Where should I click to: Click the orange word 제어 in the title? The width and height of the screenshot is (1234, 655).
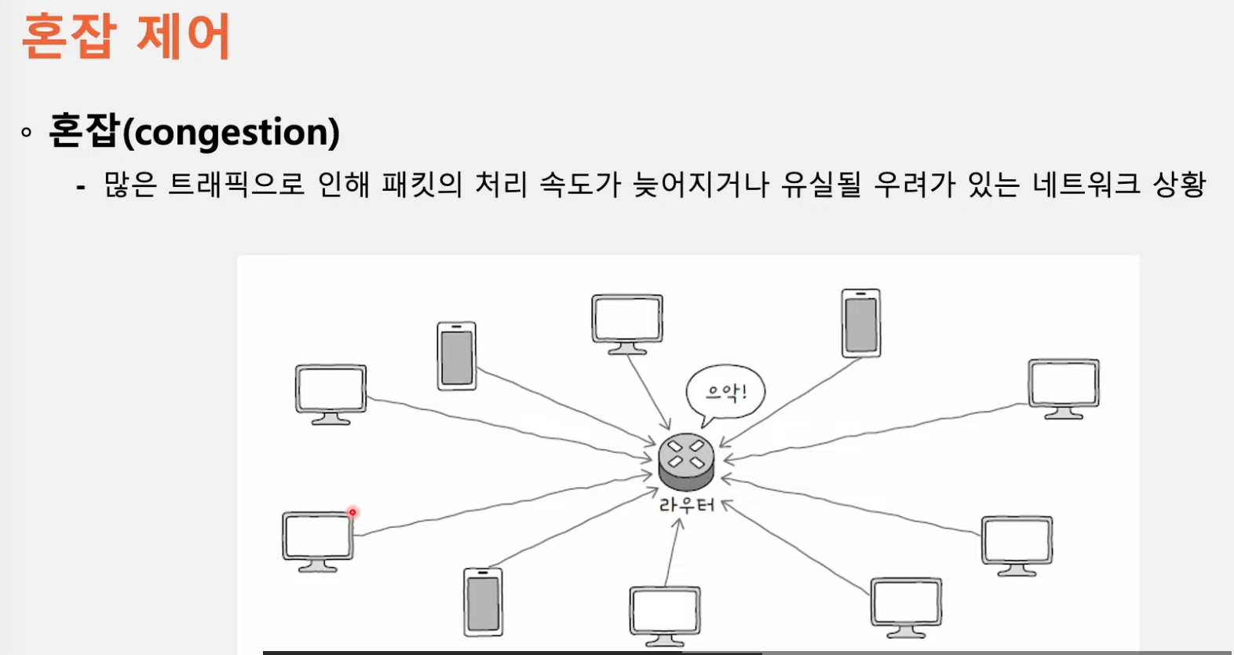[x=184, y=36]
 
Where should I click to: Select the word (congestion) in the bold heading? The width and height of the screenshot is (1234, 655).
[x=231, y=132]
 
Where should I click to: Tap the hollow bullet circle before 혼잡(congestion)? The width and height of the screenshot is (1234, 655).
[x=26, y=132]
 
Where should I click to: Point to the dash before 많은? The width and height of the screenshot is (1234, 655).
[x=81, y=188]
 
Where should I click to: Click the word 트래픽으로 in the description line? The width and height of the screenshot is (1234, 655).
[x=235, y=184]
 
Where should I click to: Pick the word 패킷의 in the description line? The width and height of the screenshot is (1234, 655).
[x=422, y=184]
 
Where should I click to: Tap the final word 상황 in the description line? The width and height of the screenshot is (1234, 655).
[x=1180, y=184]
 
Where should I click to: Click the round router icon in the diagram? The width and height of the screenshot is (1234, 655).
[x=686, y=462]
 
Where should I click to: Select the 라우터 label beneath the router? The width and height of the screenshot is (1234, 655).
[x=686, y=505]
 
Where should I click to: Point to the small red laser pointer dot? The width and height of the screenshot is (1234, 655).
[x=352, y=512]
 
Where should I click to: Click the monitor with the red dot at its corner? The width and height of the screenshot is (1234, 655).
[x=318, y=541]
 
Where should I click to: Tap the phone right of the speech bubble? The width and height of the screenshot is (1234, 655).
[x=861, y=323]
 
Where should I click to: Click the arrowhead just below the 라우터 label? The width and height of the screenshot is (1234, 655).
[x=679, y=524]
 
